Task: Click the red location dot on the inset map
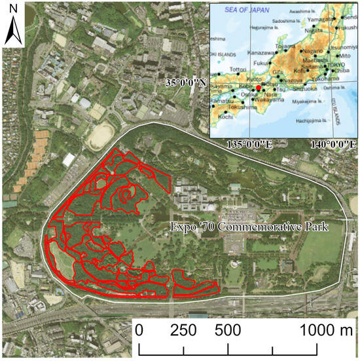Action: coord(259,87)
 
